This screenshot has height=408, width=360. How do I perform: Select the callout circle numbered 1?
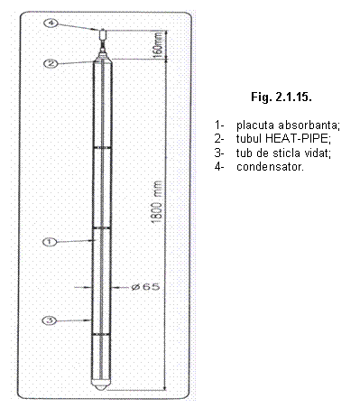[50, 242]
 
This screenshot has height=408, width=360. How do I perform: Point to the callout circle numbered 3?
[50, 320]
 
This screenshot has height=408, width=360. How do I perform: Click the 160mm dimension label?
[158, 43]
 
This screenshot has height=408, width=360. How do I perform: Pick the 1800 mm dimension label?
[156, 202]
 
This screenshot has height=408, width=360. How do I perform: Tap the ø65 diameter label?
[145, 287]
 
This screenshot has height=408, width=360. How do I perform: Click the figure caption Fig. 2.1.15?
[282, 97]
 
